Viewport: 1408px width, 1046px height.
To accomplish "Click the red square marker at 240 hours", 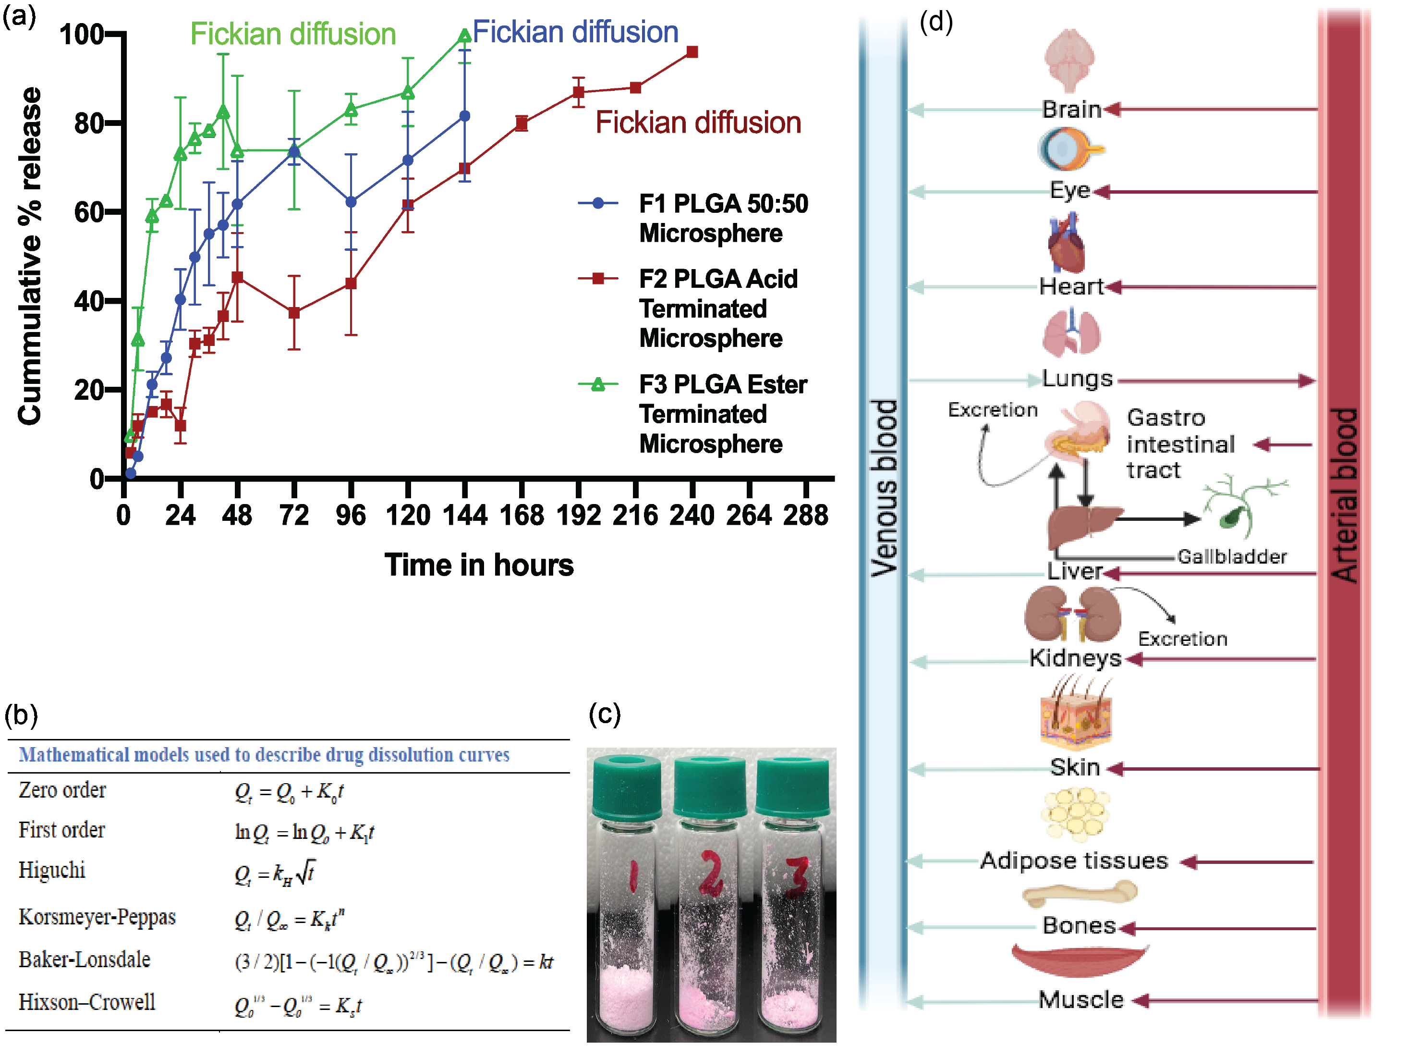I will (692, 52).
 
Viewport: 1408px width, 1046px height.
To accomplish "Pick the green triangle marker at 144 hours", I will (464, 36).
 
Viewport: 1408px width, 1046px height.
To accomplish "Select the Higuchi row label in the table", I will (52, 871).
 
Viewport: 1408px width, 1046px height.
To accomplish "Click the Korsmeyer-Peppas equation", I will (289, 919).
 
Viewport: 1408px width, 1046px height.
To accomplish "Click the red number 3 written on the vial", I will (797, 877).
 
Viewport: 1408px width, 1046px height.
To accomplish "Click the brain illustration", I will (1069, 60).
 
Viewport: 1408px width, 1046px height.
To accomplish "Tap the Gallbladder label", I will (1231, 556).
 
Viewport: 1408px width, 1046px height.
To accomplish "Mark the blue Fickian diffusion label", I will (575, 32).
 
